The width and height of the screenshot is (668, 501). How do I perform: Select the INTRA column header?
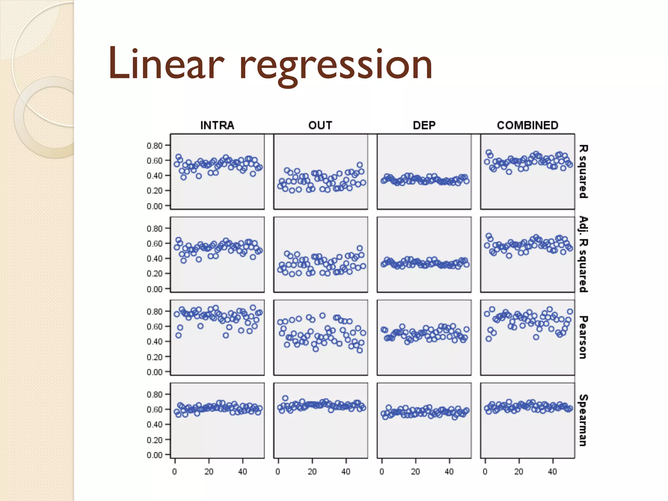pyautogui.click(x=217, y=126)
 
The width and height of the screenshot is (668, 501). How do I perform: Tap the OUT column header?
pyautogui.click(x=320, y=126)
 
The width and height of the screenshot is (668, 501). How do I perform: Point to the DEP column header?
pyautogui.click(x=424, y=126)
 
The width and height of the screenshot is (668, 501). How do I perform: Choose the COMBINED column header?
pyautogui.click(x=527, y=126)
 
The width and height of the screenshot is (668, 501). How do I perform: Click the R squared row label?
pyautogui.click(x=583, y=172)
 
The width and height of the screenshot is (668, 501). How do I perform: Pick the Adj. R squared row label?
pyautogui.click(x=583, y=254)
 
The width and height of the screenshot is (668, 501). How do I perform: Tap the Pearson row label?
pyautogui.click(x=583, y=337)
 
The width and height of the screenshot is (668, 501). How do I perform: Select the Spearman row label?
pyautogui.click(x=583, y=420)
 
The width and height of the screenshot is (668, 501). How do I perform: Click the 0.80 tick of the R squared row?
pyautogui.click(x=155, y=146)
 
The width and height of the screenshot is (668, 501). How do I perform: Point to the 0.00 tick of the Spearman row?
pyautogui.click(x=155, y=455)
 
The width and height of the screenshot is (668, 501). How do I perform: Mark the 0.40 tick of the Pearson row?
pyautogui.click(x=155, y=342)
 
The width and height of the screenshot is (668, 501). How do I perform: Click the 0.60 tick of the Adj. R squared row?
pyautogui.click(x=155, y=244)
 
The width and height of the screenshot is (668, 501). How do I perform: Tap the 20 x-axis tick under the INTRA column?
pyautogui.click(x=209, y=472)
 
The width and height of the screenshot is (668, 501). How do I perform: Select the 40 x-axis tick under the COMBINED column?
pyautogui.click(x=553, y=472)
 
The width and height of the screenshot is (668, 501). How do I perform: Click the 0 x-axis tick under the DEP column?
pyautogui.click(x=382, y=472)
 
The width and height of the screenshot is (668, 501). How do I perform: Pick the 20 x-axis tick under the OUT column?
pyautogui.click(x=312, y=472)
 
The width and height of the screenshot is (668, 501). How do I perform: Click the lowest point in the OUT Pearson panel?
pyautogui.click(x=359, y=350)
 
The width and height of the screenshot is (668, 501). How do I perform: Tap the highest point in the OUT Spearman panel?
pyautogui.click(x=285, y=398)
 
